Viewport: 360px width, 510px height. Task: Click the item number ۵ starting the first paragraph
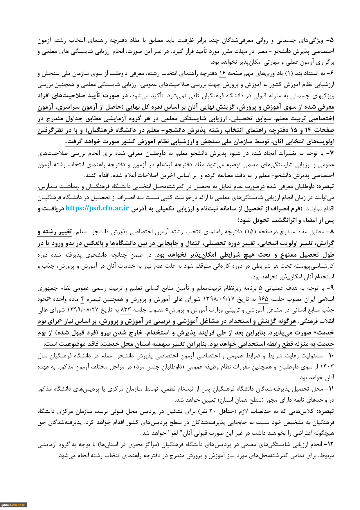click(332, 40)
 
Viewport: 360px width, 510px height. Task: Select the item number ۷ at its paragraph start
click(332, 153)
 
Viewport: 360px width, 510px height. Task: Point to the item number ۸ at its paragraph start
click(332, 232)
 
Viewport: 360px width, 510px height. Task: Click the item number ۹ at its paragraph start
click(332, 289)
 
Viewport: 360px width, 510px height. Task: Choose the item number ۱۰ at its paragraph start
click(331, 356)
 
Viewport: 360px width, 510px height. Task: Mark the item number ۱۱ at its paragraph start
click(331, 389)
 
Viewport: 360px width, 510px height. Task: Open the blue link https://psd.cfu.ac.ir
click(97, 208)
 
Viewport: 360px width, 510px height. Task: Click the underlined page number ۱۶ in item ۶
click(222, 74)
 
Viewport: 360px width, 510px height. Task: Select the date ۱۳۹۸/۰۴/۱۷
click(215, 299)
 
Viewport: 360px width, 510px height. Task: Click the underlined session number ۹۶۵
click(263, 299)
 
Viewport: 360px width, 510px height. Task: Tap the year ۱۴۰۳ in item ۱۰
click(328, 367)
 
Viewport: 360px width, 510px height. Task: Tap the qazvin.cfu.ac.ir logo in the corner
click(13, 505)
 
